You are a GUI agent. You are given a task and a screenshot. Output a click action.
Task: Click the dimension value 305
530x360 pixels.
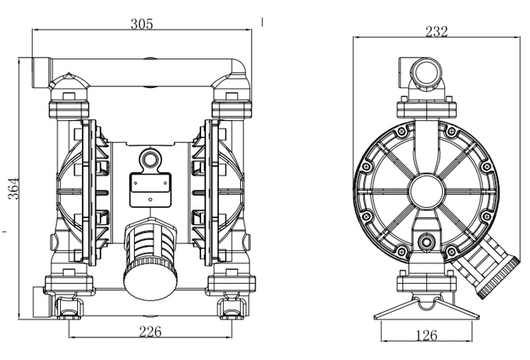point(141,23)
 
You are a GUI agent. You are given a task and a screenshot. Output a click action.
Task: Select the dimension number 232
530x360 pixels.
point(436,31)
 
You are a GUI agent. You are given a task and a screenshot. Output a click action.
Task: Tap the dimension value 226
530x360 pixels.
point(150,332)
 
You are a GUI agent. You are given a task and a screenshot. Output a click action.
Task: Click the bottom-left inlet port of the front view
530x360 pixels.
point(40,300)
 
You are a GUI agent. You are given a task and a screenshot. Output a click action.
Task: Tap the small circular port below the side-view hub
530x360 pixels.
point(426,243)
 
